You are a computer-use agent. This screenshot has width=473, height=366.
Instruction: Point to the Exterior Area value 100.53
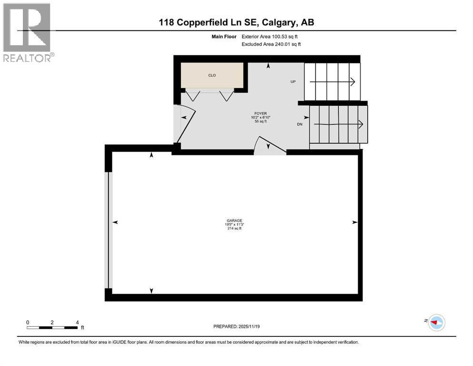(279, 37)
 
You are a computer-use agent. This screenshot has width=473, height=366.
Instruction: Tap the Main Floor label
(224, 37)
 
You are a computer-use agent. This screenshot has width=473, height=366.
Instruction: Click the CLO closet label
(212, 75)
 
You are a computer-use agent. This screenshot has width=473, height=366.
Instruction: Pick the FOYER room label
(261, 113)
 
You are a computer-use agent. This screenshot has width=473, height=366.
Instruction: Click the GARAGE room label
(234, 221)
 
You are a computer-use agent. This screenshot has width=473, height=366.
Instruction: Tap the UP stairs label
(293, 82)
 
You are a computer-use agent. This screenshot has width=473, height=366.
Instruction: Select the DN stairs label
(300, 124)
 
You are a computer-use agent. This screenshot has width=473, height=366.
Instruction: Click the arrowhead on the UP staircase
(352, 82)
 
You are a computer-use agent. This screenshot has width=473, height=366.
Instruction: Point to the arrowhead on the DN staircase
(361, 124)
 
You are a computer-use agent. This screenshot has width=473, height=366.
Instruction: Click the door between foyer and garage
(270, 146)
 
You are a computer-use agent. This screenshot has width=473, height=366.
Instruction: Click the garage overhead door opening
(109, 230)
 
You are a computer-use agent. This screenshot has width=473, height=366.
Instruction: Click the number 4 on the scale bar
(77, 323)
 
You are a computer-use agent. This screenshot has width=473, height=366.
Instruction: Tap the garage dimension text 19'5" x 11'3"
(234, 224)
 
